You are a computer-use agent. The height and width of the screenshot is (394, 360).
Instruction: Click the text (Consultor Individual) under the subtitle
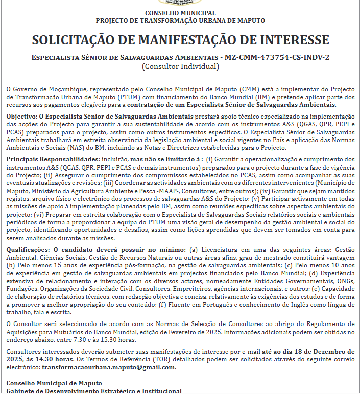click(180, 66)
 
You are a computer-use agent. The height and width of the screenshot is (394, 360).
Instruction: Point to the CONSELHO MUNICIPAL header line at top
click(180, 13)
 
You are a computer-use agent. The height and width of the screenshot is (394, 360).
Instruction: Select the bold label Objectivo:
click(21, 117)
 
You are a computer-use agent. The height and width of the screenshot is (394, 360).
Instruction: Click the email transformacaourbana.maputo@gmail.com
click(109, 367)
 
